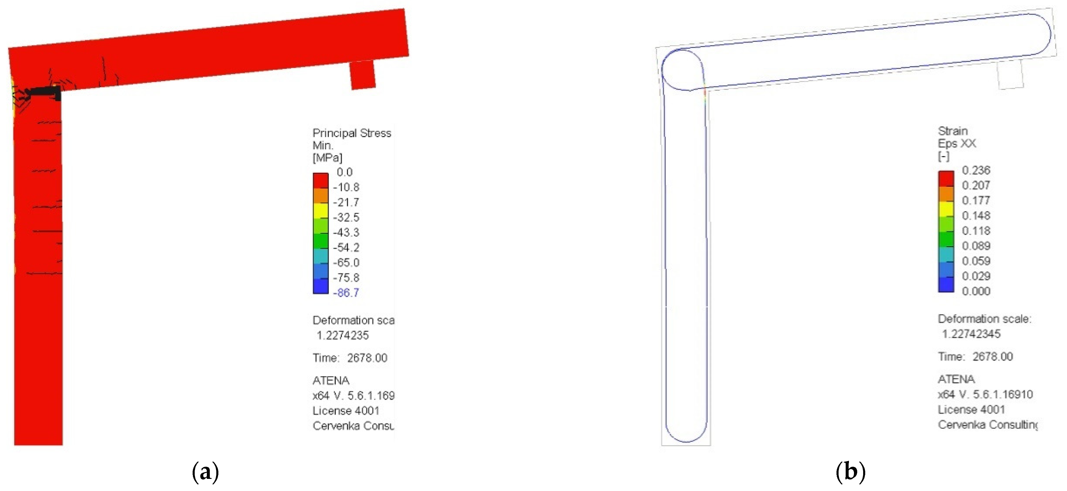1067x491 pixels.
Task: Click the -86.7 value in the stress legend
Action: tap(346, 293)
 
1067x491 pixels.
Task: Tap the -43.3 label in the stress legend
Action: tap(346, 232)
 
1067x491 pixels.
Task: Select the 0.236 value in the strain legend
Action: tap(976, 170)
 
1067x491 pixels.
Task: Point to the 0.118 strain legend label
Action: tap(976, 231)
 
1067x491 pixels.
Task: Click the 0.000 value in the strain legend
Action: tap(976, 291)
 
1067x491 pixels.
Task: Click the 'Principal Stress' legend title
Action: tap(352, 133)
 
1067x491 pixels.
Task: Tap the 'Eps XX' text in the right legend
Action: tap(957, 144)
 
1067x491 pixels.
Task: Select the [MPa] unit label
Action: tap(327, 158)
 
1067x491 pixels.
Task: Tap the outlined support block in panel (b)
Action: tap(1010, 75)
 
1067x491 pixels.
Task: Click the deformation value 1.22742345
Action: tap(971, 334)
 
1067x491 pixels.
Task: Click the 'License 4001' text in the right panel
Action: tap(971, 409)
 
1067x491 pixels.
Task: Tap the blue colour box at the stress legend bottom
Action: tap(320, 286)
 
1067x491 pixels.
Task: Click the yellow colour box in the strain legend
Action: tap(946, 209)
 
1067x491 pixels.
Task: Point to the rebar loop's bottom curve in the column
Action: tap(686, 440)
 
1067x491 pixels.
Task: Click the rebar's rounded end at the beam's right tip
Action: tap(1049, 33)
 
